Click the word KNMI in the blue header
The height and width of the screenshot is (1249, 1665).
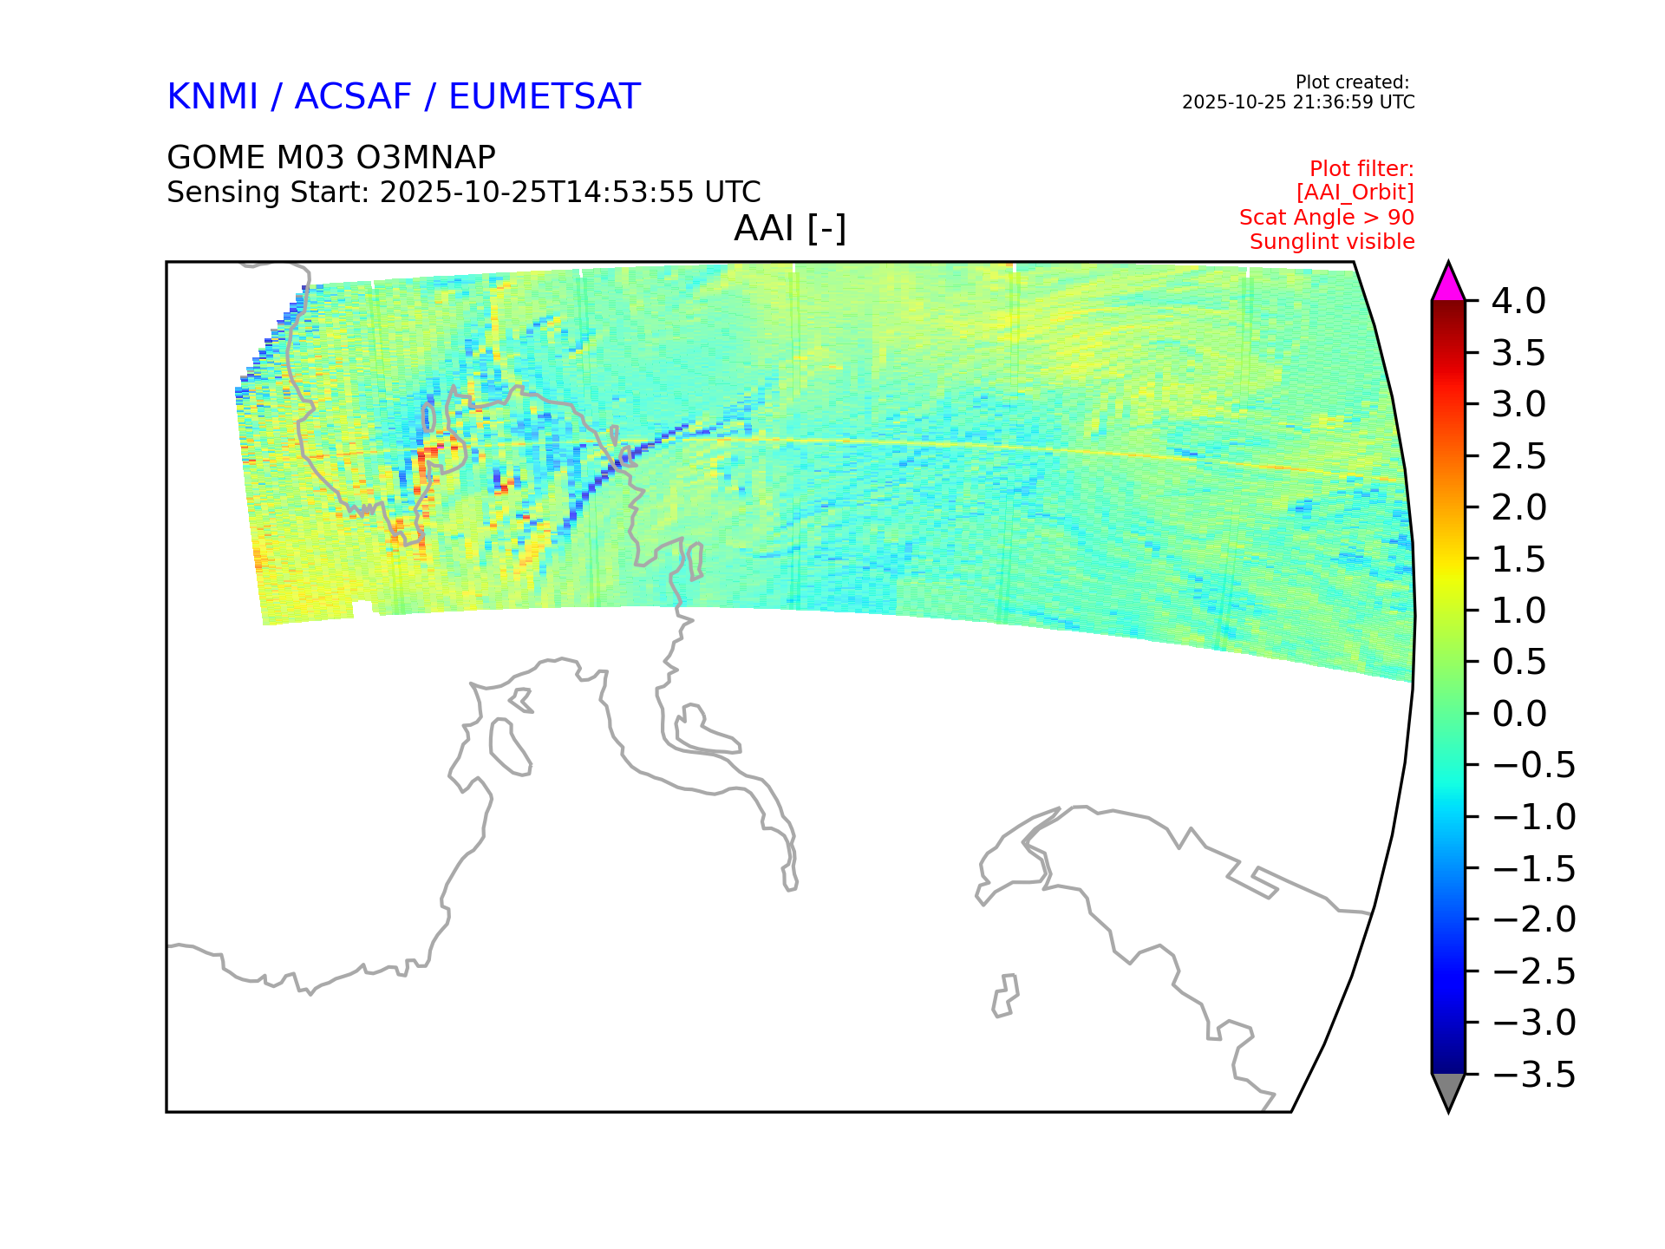[212, 96]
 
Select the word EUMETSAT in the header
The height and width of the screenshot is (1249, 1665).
[545, 96]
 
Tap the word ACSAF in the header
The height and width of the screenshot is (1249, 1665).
[353, 96]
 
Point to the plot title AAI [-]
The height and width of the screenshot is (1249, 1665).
[790, 229]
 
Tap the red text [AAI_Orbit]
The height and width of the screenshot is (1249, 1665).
[1355, 193]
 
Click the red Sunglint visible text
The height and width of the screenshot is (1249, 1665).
[1332, 242]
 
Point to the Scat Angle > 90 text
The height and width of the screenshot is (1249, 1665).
[1327, 218]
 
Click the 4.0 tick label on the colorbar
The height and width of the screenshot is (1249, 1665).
[1518, 302]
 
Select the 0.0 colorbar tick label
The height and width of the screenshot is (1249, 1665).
[1518, 714]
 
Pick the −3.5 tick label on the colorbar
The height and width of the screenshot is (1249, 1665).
[1533, 1075]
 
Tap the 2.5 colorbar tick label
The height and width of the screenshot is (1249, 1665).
[1518, 456]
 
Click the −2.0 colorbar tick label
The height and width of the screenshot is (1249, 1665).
[1533, 919]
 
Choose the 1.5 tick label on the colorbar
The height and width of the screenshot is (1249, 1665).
[1518, 559]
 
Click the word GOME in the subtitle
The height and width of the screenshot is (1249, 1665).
[217, 158]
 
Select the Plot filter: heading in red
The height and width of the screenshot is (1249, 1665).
[1361, 168]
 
